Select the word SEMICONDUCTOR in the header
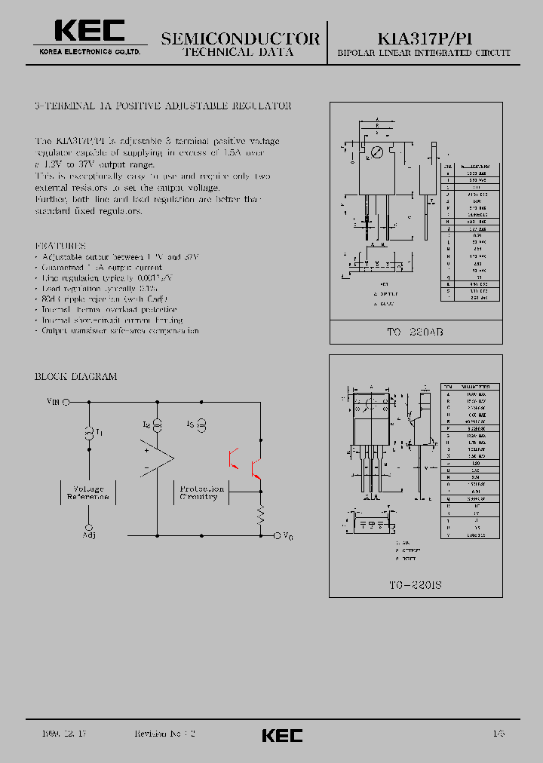point(241,38)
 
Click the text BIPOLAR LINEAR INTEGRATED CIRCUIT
point(423,54)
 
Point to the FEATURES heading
point(61,246)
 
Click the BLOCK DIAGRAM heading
point(75,376)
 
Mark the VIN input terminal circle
point(66,403)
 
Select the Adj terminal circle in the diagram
point(90,527)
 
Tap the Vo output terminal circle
point(276,535)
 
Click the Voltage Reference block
point(88,493)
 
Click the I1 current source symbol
point(89,431)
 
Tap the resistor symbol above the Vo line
point(261,515)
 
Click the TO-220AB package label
point(416,332)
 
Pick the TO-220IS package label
point(416,585)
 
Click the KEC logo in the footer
point(282,735)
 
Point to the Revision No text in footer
point(164,734)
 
